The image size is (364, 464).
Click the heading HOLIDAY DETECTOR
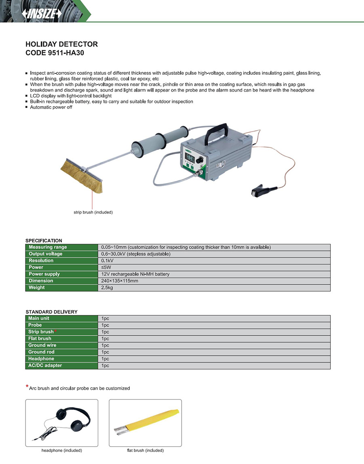click(61, 44)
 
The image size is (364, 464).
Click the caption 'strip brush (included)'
click(93, 212)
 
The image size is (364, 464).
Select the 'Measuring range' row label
click(48, 247)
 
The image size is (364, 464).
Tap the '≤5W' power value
click(106, 267)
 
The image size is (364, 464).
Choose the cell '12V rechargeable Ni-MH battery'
click(135, 274)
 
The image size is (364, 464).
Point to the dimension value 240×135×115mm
click(120, 281)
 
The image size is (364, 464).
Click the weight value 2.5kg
click(107, 288)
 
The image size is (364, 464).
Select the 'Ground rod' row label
click(41, 352)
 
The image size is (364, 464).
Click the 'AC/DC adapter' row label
click(45, 366)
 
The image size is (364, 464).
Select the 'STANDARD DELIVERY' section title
click(51, 312)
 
